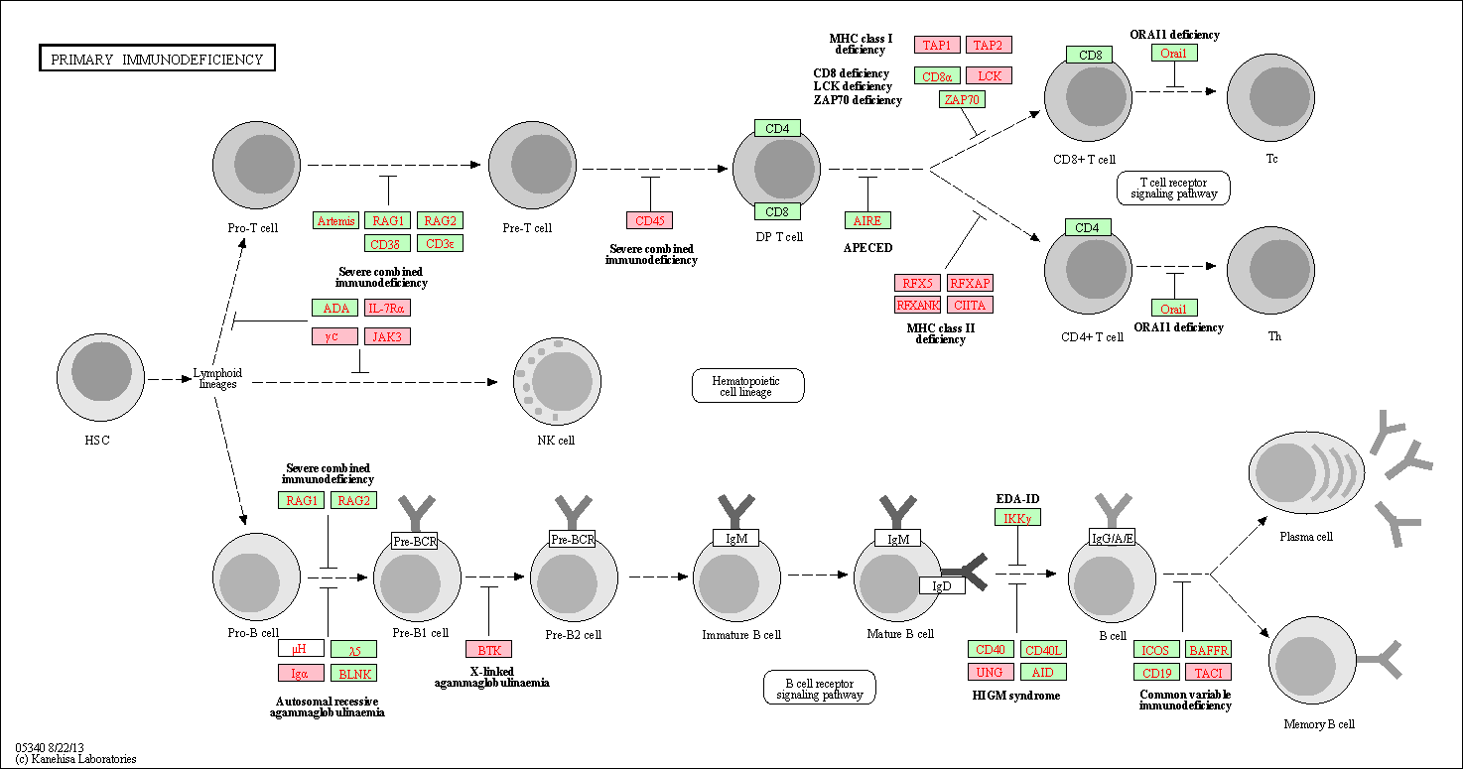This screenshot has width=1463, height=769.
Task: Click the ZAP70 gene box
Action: point(962,99)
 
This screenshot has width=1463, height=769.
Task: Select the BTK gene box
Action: point(489,650)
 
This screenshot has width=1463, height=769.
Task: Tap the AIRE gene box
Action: point(867,220)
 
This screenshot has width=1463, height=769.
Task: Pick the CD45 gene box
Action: point(649,220)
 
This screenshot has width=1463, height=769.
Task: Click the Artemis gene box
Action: point(335,220)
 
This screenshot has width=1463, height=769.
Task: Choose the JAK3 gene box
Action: point(387,336)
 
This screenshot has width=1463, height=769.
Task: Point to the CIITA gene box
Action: point(969,305)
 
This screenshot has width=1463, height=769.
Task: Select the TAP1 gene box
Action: point(937,45)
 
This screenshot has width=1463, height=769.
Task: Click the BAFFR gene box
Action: point(1208,650)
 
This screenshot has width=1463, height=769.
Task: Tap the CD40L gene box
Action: point(1043,650)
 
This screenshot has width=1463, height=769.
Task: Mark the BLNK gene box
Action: point(353,673)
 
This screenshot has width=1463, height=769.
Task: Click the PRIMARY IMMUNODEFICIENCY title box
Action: point(157,59)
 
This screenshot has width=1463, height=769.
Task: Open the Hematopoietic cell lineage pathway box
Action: point(747,385)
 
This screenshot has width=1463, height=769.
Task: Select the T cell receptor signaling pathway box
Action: point(1173,188)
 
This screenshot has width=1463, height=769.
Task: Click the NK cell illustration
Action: point(556,382)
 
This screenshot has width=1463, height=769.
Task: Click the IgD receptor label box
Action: point(942,585)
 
